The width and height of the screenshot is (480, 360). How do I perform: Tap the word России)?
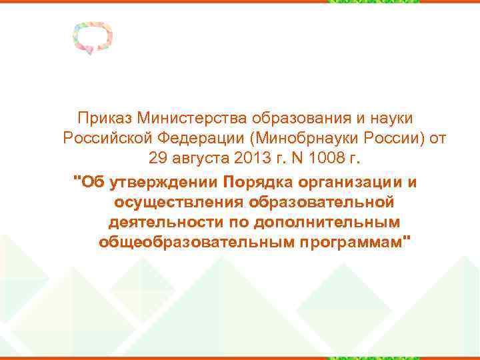385,139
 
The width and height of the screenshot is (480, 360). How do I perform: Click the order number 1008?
328,159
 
